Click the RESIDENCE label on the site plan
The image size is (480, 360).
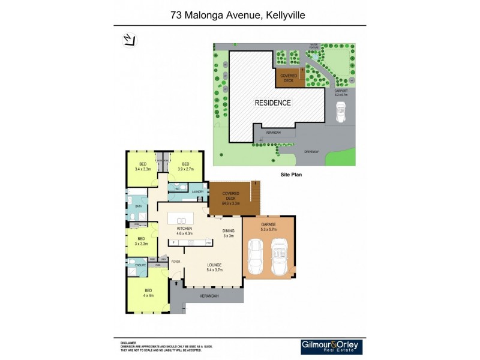[x=273, y=103]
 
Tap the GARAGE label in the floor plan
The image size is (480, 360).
[x=268, y=224]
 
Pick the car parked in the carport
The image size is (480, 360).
[x=341, y=111]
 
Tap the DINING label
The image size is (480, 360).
[x=228, y=230]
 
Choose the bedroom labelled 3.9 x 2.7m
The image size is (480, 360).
[x=185, y=167]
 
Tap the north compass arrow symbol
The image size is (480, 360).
[x=129, y=40]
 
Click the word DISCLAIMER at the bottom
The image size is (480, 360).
[x=128, y=343]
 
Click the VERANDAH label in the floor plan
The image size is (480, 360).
[x=209, y=296]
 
